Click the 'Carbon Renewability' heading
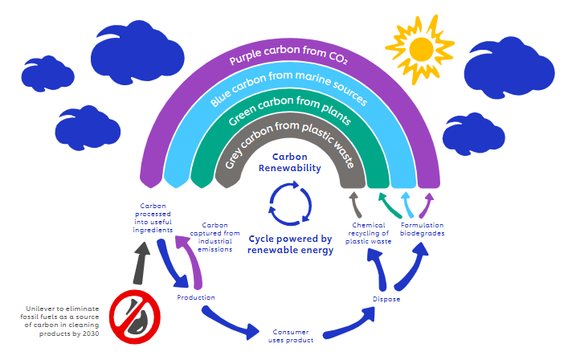pos(289,162)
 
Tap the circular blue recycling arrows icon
pos(288,203)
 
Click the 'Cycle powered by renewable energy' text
pos(290,244)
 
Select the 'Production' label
pos(195,297)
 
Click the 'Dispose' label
pos(386,299)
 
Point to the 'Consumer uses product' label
pos(288,334)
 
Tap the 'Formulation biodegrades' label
pos(423,229)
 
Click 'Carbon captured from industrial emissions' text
pos(216,237)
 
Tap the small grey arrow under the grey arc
pos(353,201)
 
